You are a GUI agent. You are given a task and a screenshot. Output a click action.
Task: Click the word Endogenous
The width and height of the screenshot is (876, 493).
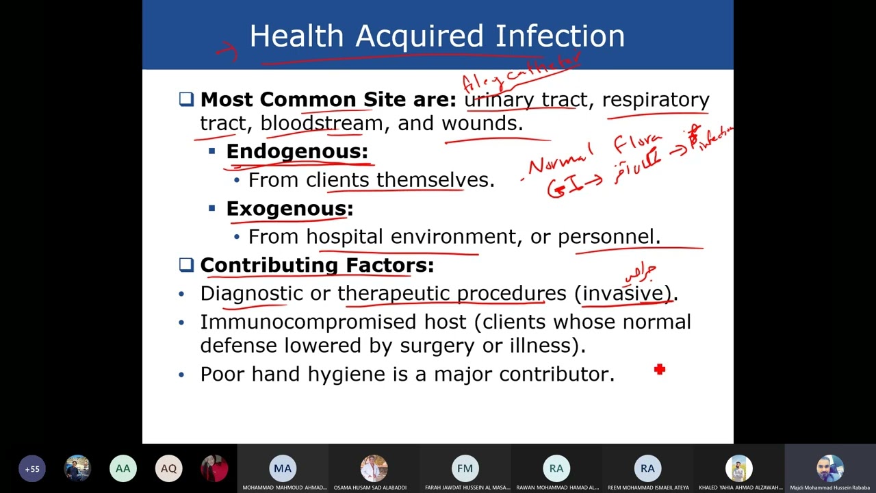[296, 151]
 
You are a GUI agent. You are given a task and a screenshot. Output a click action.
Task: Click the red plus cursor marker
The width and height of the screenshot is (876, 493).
[660, 370]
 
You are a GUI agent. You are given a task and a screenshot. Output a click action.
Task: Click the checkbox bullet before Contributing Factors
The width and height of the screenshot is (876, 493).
[186, 265]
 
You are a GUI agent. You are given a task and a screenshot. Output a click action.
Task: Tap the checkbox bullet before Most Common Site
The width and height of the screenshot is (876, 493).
[186, 99]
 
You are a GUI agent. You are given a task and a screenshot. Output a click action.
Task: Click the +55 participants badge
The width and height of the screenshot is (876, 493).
[32, 469]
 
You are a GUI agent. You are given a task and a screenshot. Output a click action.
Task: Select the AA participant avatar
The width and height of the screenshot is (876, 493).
[123, 469]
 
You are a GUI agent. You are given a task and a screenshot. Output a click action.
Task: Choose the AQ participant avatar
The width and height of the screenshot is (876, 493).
[168, 469]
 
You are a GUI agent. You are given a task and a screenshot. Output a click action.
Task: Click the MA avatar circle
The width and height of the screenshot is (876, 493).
[283, 468]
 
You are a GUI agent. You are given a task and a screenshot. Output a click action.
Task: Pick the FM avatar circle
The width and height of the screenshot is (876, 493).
[465, 468]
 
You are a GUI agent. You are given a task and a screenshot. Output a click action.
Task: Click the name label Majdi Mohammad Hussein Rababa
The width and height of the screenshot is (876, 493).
[829, 488]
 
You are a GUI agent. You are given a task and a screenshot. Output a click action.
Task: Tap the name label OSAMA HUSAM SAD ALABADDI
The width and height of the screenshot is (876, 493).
[374, 488]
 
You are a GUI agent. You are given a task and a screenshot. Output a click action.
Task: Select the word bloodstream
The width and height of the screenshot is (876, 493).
[322, 123]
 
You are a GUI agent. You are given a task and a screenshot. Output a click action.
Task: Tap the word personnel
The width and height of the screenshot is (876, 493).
[606, 237]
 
